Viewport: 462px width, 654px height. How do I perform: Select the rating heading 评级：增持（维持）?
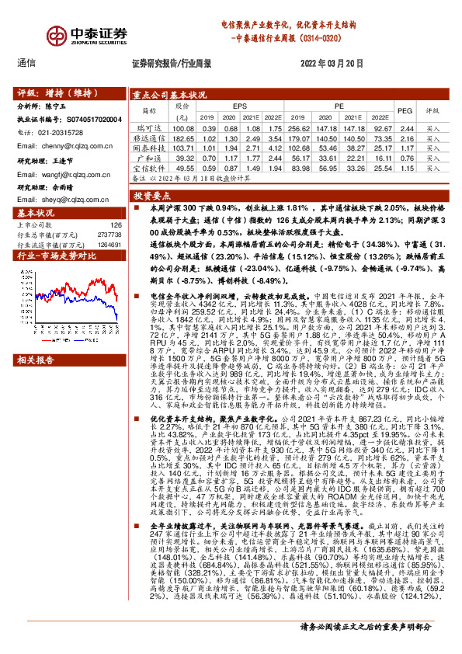[x=55, y=91]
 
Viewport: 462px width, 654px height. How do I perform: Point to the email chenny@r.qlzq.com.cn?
[x=67, y=145]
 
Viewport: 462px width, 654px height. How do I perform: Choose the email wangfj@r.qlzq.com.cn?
[x=68, y=175]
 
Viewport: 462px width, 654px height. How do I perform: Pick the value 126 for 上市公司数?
[x=116, y=225]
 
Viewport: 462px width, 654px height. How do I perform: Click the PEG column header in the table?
[x=405, y=111]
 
